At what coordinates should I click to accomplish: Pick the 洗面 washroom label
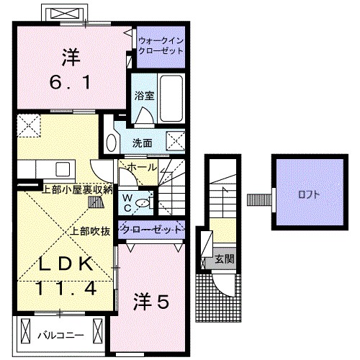tap(142, 143)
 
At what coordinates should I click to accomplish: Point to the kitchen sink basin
tap(61, 169)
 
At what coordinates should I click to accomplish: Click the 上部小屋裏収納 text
tap(77, 189)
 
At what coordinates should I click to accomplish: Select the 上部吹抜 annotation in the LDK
tap(90, 231)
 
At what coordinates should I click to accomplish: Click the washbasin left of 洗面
tap(111, 140)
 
